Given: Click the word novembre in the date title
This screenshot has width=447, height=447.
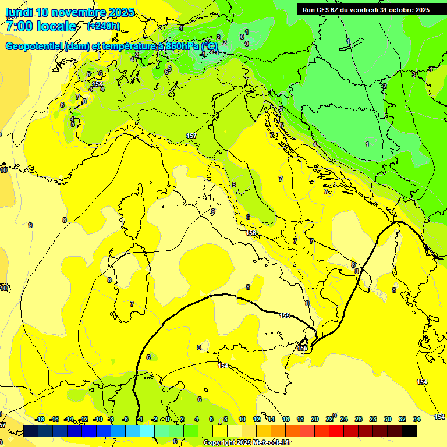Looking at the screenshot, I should (78, 12).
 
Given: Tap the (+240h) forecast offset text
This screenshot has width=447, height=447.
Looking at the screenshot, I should (104, 26).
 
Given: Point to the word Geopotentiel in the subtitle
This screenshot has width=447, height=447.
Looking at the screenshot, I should (34, 47).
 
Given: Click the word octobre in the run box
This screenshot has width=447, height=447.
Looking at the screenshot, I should (396, 10).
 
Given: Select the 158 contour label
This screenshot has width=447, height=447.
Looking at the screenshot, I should (97, 84).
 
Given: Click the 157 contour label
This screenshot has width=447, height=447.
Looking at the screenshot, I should (191, 136).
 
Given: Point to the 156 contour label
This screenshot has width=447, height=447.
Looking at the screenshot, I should (251, 233).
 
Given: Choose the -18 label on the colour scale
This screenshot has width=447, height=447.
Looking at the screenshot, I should (40, 419).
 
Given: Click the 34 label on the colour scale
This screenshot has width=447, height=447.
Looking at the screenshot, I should (417, 419).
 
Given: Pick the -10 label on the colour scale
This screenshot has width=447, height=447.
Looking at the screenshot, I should (98, 419).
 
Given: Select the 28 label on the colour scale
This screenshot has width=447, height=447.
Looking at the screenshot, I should (373, 419).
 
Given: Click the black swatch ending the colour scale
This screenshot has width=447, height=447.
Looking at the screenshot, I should (409, 431).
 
